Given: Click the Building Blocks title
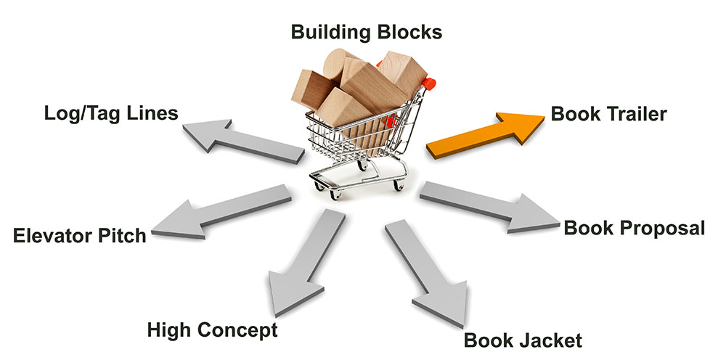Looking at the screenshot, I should click(366, 32).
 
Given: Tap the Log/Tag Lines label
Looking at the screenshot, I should click(111, 114).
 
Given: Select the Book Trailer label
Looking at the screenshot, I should click(608, 114).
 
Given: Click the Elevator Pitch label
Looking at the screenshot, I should click(80, 236).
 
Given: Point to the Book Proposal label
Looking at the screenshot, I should click(634, 228).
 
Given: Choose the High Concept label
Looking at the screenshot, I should click(212, 331).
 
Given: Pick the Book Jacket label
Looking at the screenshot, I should click(523, 340).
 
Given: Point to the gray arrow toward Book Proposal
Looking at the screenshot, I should click(494, 206).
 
